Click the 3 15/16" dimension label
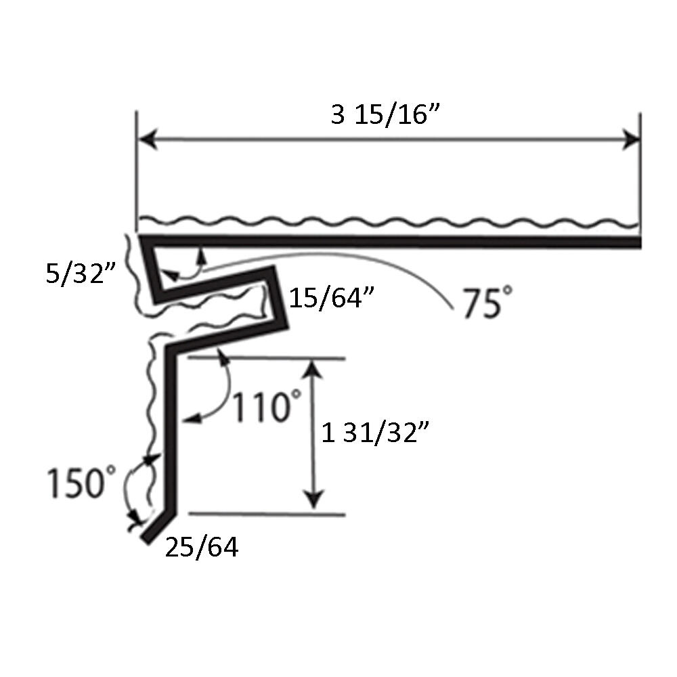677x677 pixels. coord(386,115)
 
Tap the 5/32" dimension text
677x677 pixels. coord(81,273)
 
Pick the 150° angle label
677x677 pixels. coord(81,481)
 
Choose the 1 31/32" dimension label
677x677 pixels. coord(375,433)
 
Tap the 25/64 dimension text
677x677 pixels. coord(202,548)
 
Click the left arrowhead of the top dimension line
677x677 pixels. coord(146,139)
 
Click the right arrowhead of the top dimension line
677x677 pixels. coord(631,139)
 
